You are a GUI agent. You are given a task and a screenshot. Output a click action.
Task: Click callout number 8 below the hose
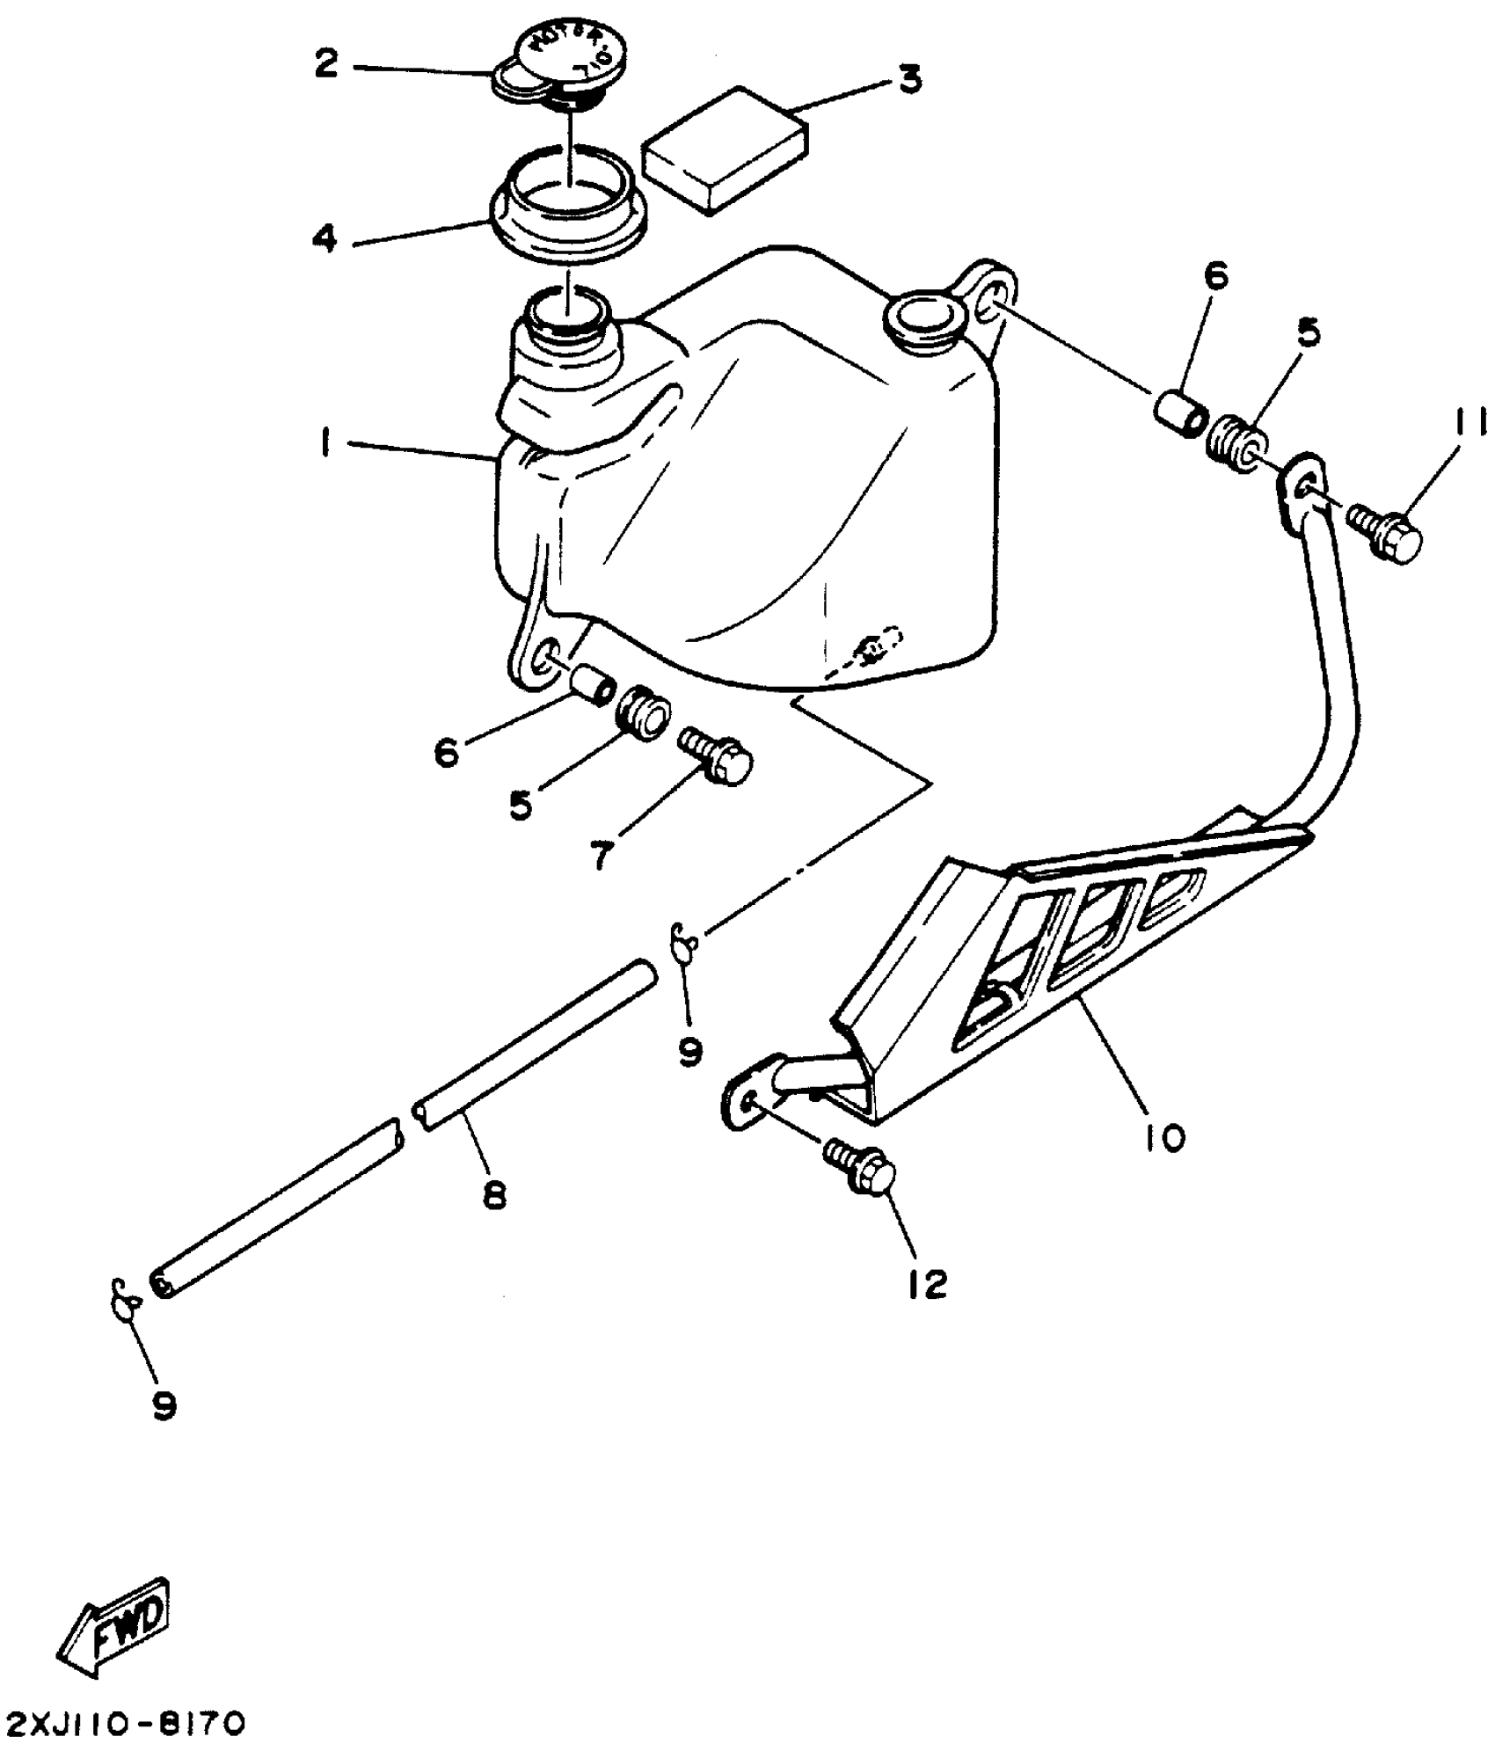pyautogui.click(x=495, y=1194)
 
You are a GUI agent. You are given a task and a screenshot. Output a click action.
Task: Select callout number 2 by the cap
pyautogui.click(x=326, y=63)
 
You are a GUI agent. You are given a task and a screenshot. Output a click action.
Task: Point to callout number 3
pyautogui.click(x=909, y=79)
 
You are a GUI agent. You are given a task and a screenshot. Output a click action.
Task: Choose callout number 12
pyautogui.click(x=928, y=1284)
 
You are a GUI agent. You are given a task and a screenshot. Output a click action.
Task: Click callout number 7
pyautogui.click(x=601, y=854)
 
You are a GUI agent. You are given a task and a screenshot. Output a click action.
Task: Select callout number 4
pyautogui.click(x=326, y=237)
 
